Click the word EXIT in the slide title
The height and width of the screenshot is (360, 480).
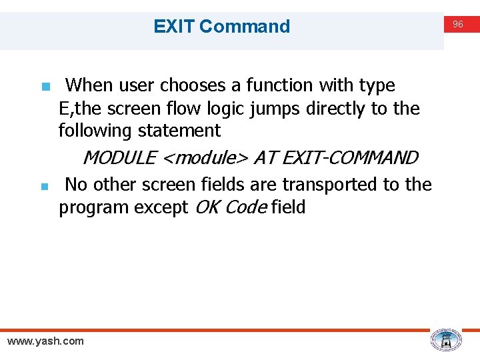pos(174,27)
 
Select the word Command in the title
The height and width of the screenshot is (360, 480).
pos(245,27)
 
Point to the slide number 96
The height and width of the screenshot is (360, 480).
pos(458,24)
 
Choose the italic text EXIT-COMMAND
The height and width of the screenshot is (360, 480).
pos(351,158)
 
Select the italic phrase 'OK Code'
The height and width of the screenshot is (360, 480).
pos(231,207)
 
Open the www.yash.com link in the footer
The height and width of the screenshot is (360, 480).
pos(45,341)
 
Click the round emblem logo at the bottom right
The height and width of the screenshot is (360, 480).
pos(446,340)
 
